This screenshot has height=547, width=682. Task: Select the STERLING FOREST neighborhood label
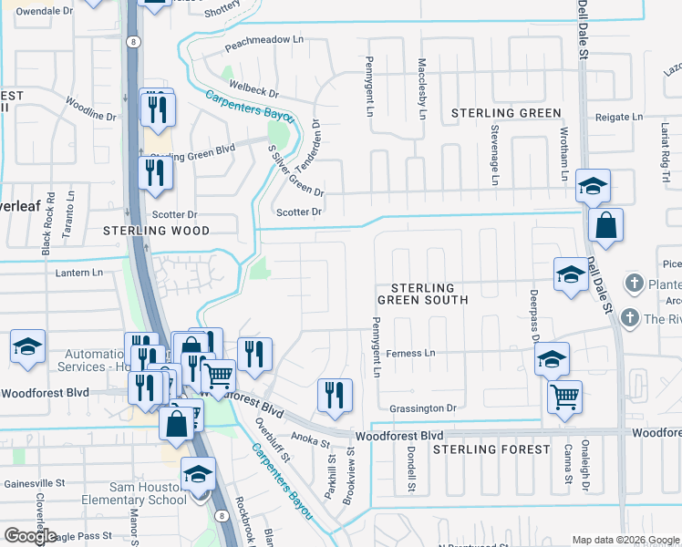pyautogui.click(x=491, y=449)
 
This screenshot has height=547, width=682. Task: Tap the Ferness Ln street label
pyautogui.click(x=412, y=353)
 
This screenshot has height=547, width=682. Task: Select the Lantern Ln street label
pyautogui.click(x=79, y=273)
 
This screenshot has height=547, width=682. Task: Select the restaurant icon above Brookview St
pyautogui.click(x=335, y=394)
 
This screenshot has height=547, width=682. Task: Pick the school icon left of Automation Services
pyautogui.click(x=28, y=346)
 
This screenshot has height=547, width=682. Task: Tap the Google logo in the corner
pyautogui.click(x=30, y=536)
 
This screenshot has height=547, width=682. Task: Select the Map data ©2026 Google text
pyautogui.click(x=625, y=540)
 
